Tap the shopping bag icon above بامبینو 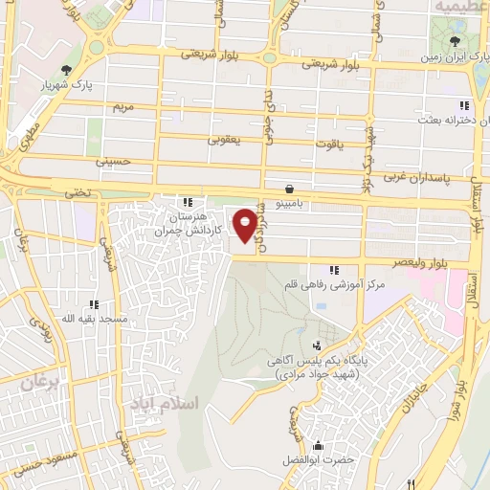tap(289, 188)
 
